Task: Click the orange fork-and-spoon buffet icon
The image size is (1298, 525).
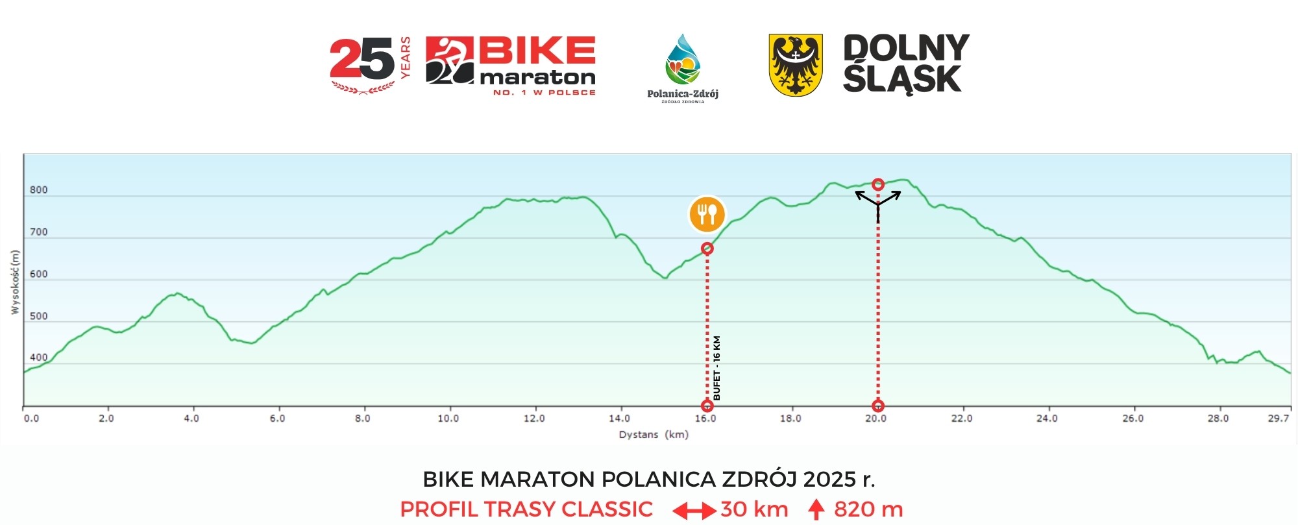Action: point(707,214)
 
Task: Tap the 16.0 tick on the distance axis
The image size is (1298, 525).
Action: point(705,419)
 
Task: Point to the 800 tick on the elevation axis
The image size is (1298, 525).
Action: point(39,190)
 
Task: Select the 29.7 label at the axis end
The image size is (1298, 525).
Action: point(1278,419)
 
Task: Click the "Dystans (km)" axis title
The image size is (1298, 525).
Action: point(653,435)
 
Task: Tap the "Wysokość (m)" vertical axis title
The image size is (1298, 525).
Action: point(16,282)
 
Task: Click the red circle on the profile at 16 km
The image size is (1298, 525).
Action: point(707,249)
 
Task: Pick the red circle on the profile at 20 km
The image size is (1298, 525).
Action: point(878,184)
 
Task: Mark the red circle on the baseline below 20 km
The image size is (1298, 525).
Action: point(878,406)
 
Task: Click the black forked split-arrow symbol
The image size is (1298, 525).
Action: point(878,202)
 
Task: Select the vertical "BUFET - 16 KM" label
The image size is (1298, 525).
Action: point(716,368)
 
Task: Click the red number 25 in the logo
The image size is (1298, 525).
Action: point(361,59)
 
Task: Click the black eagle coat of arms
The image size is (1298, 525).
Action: point(796,65)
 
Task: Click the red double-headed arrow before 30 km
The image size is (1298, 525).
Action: point(694,511)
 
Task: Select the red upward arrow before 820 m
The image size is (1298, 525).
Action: point(816,509)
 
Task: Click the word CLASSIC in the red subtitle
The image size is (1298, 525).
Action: point(607,509)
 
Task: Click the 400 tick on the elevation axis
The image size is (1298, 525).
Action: point(39,358)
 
